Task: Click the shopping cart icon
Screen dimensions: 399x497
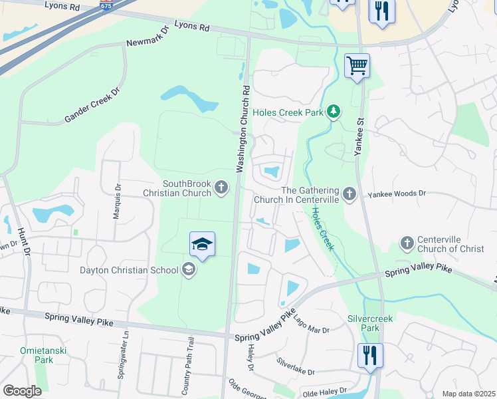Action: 357,66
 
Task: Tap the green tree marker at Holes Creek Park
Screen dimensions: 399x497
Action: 334,112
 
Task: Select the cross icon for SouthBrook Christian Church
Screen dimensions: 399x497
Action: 222,188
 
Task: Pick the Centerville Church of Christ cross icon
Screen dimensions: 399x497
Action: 407,243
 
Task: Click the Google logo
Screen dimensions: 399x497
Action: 22,390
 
